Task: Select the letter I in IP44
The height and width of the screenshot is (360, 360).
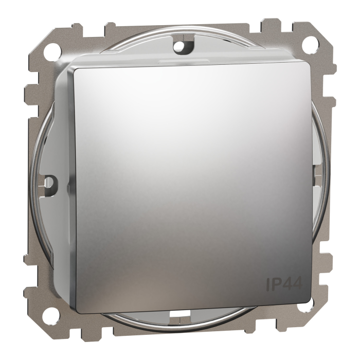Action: click(268, 282)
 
